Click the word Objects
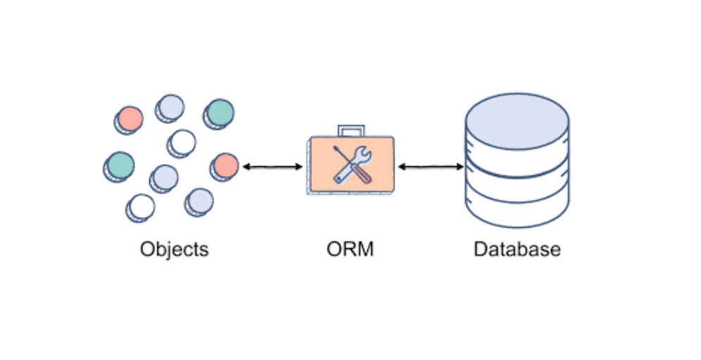point(174,249)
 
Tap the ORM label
point(350,249)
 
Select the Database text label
point(517,249)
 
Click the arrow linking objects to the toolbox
point(272,167)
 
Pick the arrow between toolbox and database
point(430,167)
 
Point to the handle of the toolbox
point(351,131)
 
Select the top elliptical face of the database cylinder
point(517,116)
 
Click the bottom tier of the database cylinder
point(517,204)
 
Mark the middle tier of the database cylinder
point(517,173)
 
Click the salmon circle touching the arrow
point(226,166)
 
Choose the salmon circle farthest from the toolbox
point(130,118)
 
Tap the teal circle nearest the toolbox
point(220,112)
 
